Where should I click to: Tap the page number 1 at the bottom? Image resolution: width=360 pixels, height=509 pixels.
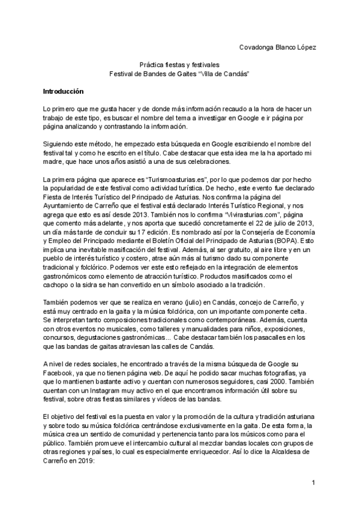point(313,483)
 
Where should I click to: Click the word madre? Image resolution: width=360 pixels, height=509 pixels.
point(52,157)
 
